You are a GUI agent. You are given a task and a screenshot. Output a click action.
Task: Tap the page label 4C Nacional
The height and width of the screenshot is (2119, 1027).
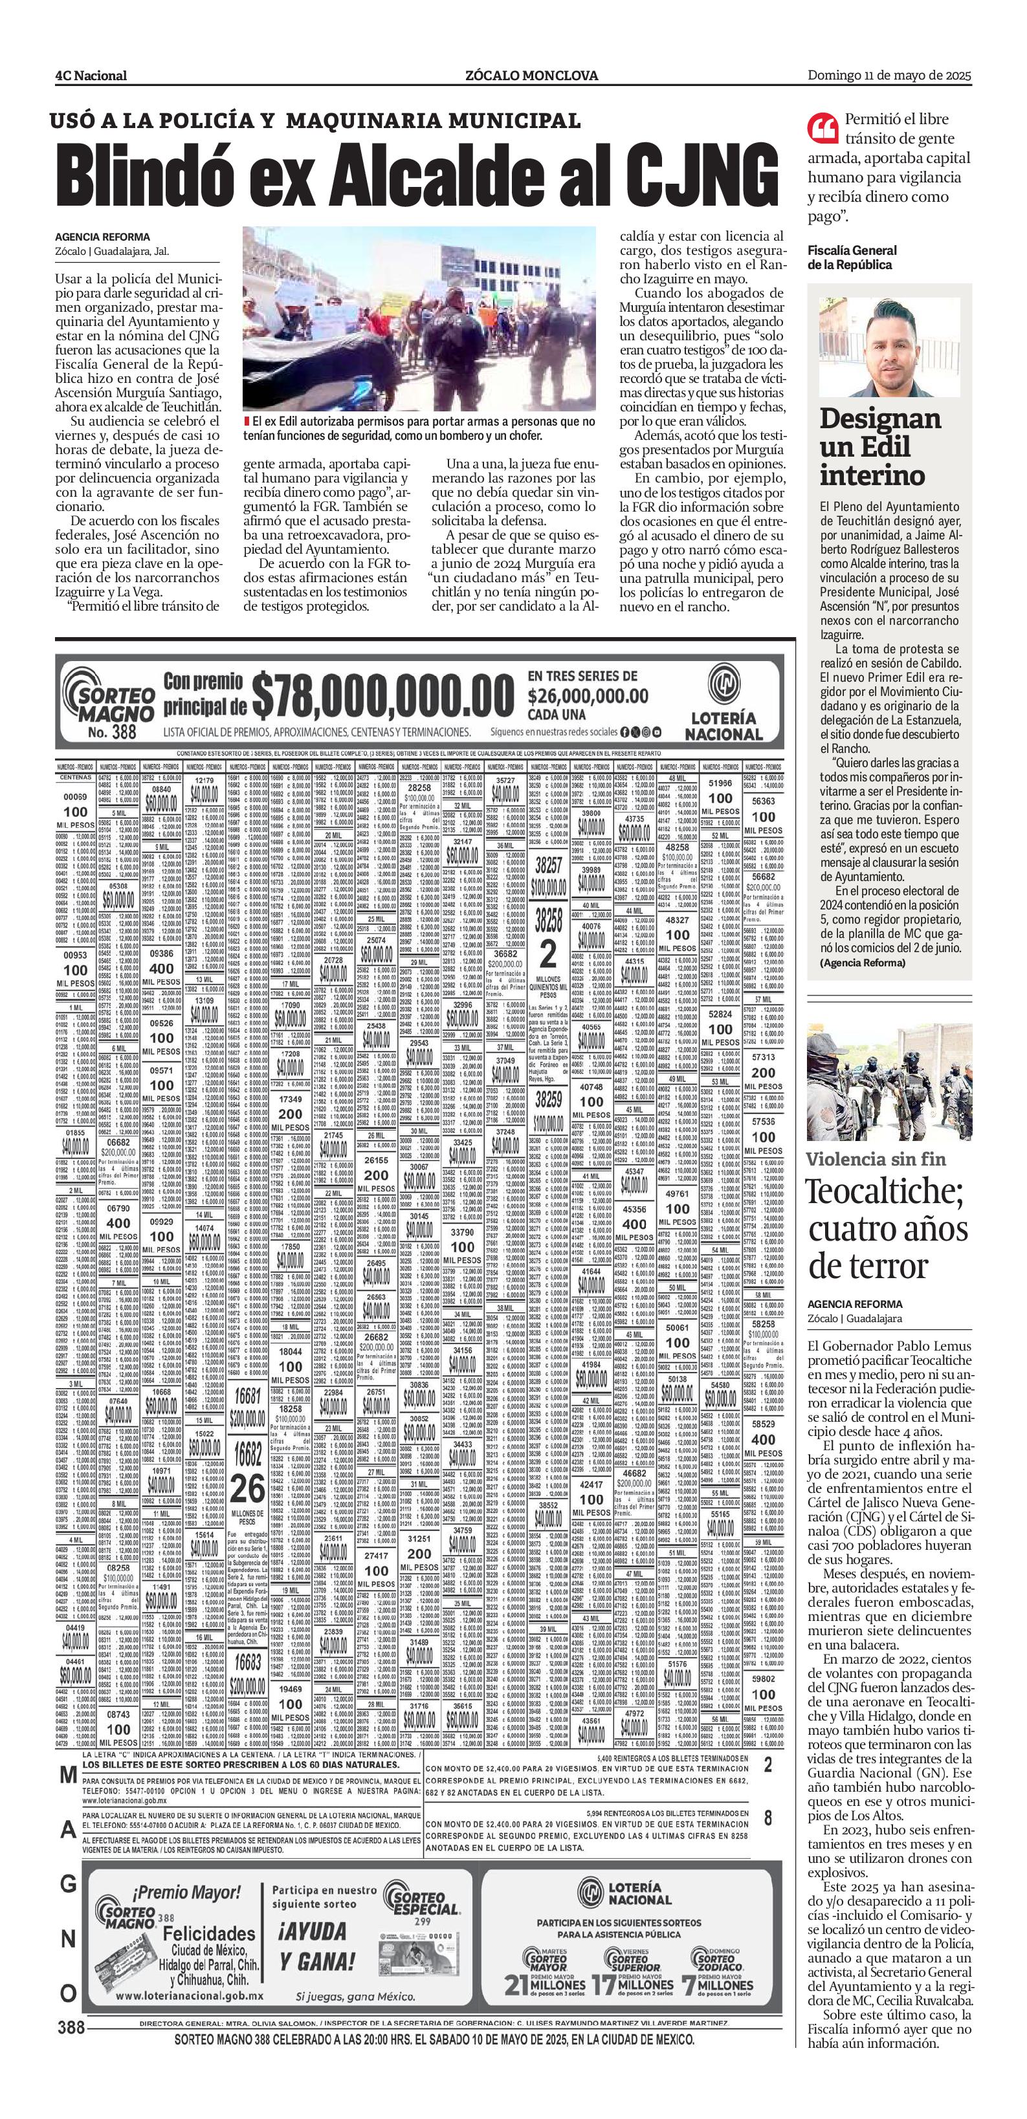(x=91, y=76)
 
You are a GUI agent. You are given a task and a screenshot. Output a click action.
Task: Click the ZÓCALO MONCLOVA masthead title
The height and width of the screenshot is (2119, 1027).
(x=531, y=76)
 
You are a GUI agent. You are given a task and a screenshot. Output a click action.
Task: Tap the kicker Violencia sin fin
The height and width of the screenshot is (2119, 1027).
(x=876, y=1160)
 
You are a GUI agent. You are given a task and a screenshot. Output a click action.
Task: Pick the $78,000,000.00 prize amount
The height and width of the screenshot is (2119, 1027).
(x=382, y=697)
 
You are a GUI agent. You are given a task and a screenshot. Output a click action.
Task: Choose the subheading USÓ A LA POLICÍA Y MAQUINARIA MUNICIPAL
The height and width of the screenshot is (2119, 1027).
(x=315, y=120)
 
